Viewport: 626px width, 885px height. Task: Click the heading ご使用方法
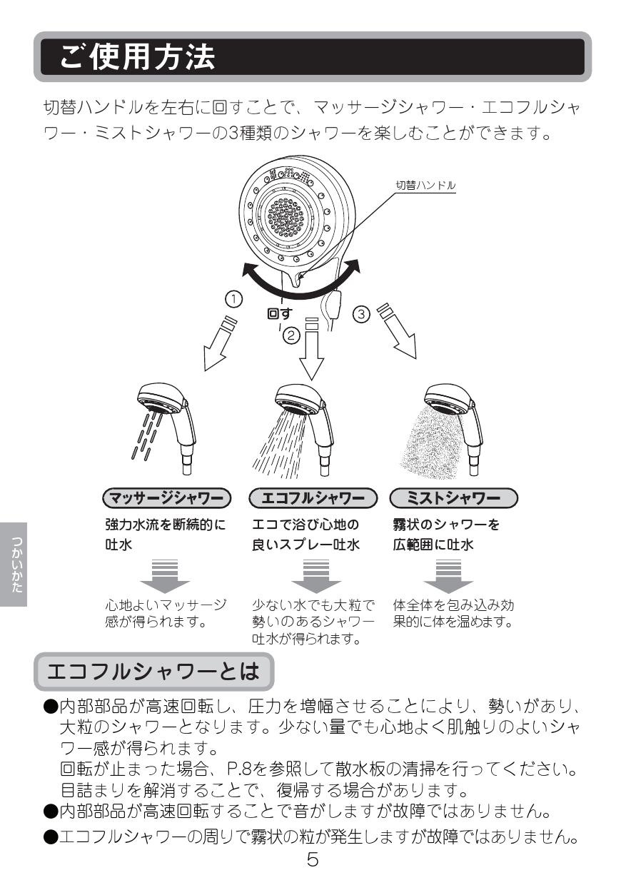(138, 57)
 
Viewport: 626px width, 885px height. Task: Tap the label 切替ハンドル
(426, 185)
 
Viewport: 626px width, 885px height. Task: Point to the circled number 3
(362, 314)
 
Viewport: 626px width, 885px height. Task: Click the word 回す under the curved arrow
(279, 313)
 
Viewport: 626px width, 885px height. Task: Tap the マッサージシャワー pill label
(167, 497)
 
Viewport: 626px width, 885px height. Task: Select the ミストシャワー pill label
(454, 497)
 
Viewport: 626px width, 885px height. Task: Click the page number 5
(313, 859)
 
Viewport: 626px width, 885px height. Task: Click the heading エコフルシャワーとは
(152, 672)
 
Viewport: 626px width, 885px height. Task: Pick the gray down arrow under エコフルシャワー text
(312, 575)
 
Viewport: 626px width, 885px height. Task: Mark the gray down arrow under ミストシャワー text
(443, 575)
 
